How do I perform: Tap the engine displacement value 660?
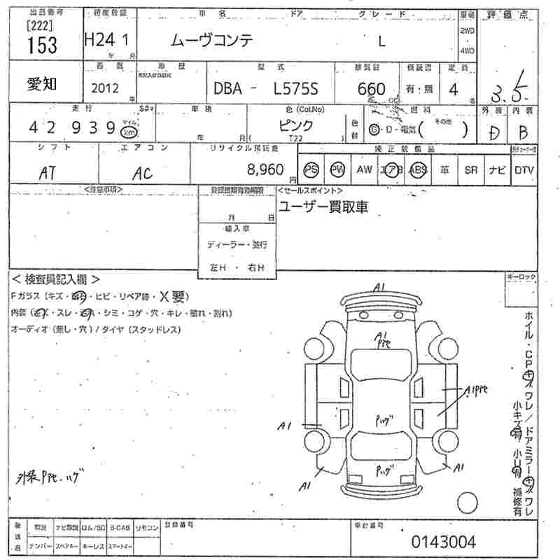point(371,89)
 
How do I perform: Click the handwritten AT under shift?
point(48,171)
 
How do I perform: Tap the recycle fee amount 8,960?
point(265,169)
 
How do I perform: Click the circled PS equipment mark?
point(311,170)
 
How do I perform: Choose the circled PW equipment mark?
point(338,170)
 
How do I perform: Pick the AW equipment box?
point(364,170)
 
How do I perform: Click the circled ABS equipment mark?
point(419,170)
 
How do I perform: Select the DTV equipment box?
point(524,170)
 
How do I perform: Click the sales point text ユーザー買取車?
point(323,207)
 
